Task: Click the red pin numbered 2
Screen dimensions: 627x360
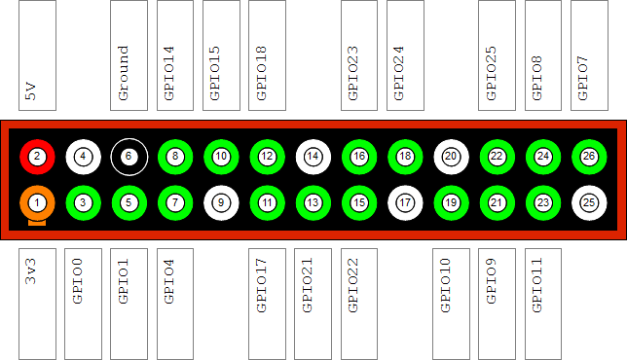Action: click(37, 157)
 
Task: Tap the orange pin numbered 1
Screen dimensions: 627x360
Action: click(37, 203)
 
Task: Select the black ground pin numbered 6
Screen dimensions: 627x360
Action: click(129, 157)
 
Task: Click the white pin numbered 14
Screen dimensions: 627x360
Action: click(313, 157)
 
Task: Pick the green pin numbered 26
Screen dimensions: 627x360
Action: click(589, 157)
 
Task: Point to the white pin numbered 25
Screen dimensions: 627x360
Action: click(589, 203)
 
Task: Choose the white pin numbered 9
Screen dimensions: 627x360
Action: click(221, 203)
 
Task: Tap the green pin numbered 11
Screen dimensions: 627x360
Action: click(267, 203)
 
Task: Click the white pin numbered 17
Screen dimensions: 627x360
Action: click(405, 203)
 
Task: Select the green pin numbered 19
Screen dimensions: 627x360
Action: click(451, 203)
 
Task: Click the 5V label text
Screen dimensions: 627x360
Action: click(31, 91)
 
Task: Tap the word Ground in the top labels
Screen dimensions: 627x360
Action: click(123, 73)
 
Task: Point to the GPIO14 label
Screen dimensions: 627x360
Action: click(169, 74)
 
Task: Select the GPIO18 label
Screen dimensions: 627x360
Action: click(261, 74)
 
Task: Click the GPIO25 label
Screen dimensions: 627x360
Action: click(491, 74)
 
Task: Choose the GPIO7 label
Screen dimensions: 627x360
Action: click(583, 78)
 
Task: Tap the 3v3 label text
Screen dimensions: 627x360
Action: click(31, 271)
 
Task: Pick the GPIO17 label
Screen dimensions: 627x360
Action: click(261, 285)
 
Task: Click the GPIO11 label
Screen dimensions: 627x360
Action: click(537, 285)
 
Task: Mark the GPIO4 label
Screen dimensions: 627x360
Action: click(169, 281)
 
